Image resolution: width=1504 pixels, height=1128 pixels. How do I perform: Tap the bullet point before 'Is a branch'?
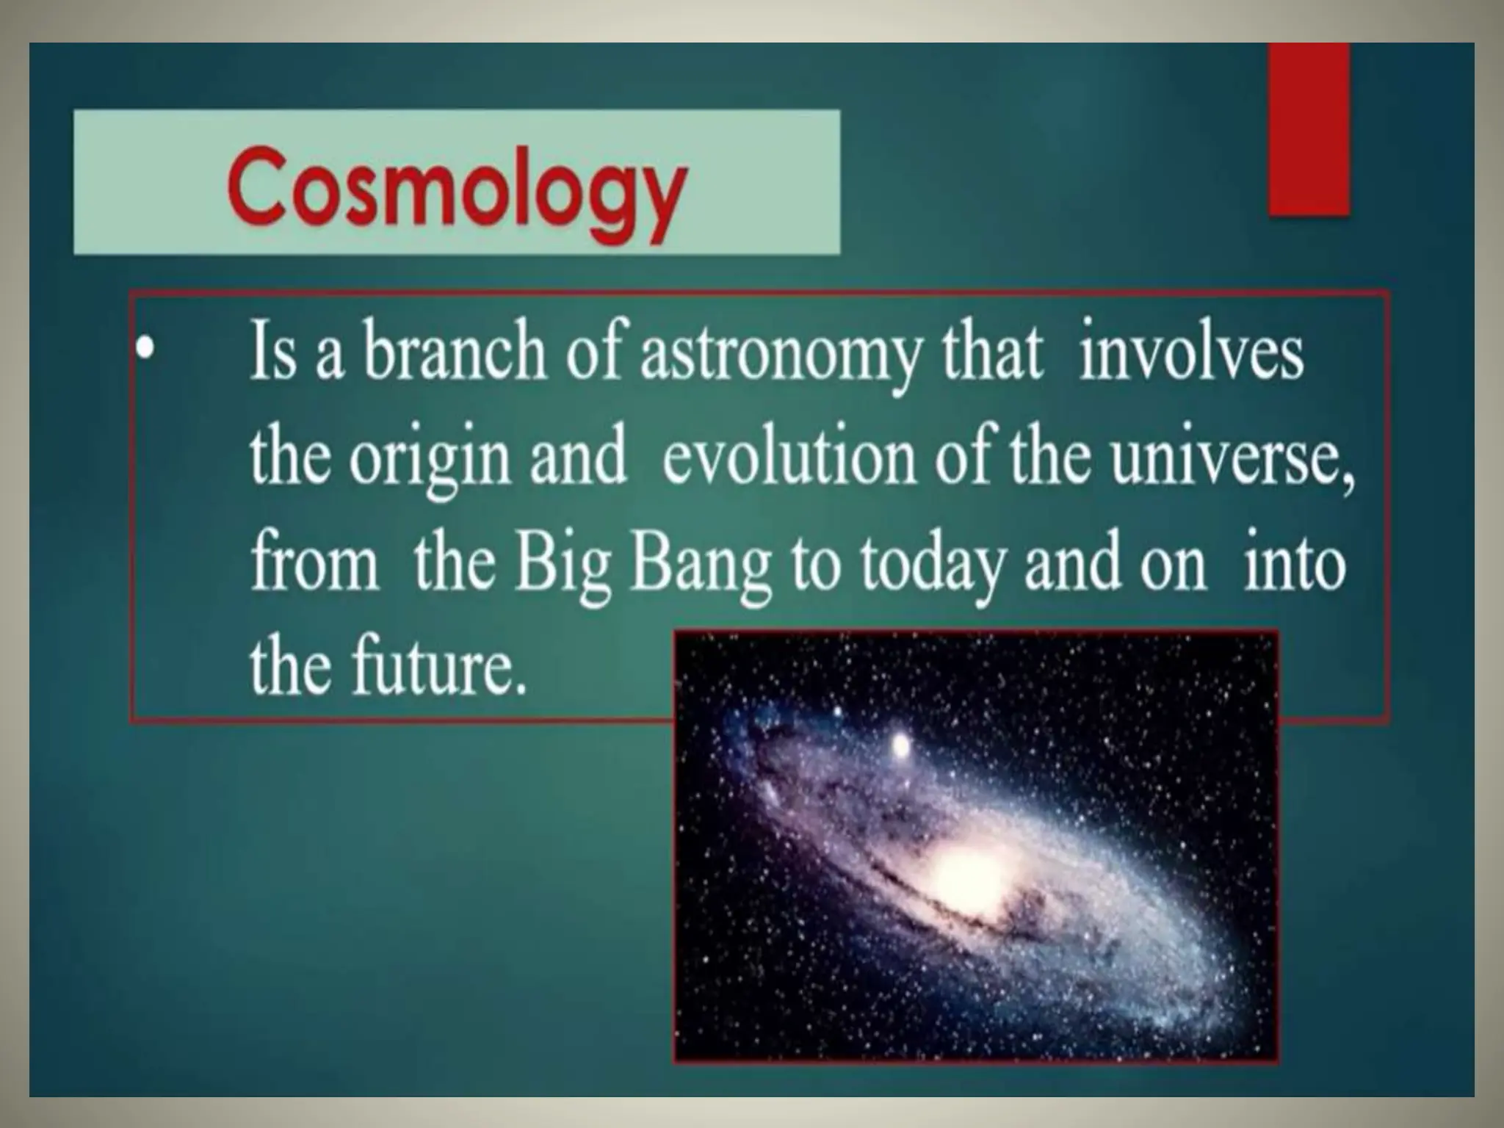pyautogui.click(x=148, y=351)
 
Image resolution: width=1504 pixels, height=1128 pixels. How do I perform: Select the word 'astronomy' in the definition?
pyautogui.click(x=779, y=356)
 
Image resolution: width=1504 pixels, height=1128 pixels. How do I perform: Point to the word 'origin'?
pyautogui.click(x=429, y=460)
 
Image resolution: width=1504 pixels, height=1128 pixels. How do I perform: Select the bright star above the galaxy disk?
pyautogui.click(x=899, y=747)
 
